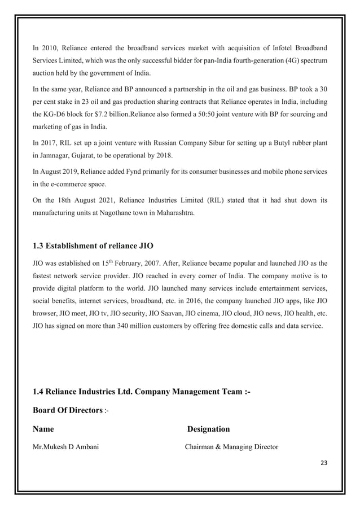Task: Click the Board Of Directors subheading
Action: [67, 409]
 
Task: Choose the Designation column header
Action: [208, 429]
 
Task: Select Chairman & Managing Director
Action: [232, 447]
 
